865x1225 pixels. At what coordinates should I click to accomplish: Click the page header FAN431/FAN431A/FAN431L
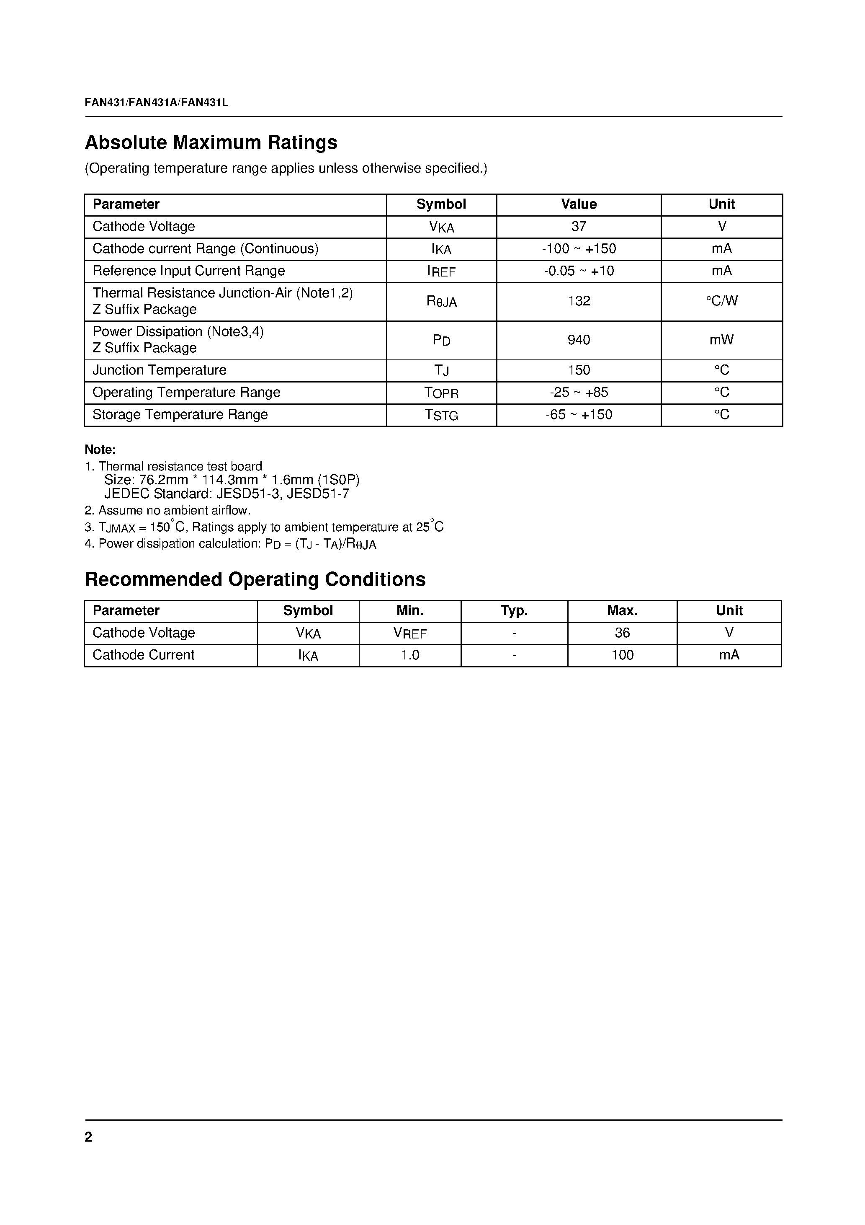pos(156,103)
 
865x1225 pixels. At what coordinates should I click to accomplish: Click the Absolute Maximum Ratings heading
pos(211,142)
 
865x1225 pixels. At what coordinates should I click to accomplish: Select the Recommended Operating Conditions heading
pos(255,579)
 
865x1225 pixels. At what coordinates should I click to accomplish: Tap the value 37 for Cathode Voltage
pos(579,227)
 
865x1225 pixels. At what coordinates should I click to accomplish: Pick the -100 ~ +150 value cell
pos(579,249)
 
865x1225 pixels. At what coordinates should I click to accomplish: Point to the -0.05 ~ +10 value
pos(579,271)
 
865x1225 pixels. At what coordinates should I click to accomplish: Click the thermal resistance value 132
pos(579,302)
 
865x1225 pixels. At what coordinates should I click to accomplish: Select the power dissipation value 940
pos(579,341)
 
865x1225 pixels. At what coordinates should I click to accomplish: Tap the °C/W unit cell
pos(721,302)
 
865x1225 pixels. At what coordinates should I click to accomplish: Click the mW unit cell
pos(721,341)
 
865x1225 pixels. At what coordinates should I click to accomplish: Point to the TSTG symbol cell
pos(441,415)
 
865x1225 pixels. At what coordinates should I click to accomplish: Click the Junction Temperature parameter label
pos(160,370)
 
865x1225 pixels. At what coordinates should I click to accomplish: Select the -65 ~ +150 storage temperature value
pos(579,415)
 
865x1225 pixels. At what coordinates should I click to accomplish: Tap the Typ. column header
pos(514,611)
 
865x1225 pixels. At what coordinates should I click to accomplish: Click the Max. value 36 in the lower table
pos(622,633)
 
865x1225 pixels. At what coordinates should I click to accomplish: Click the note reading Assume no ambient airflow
pos(167,511)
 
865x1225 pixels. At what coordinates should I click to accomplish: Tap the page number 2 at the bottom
pos(88,1137)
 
